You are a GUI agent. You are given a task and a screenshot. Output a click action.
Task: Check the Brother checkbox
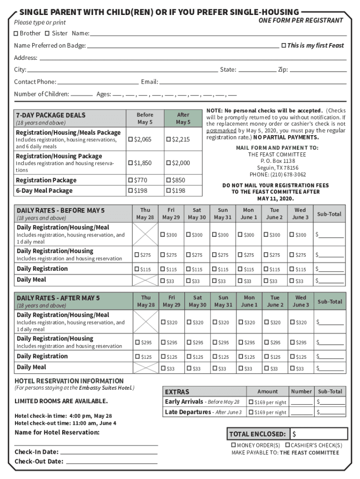[x=16, y=33]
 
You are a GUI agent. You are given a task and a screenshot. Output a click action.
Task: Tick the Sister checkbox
[x=47, y=33]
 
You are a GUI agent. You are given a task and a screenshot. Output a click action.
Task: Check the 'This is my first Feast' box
[x=283, y=45]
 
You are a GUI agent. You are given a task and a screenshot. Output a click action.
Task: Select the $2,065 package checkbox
[x=131, y=139]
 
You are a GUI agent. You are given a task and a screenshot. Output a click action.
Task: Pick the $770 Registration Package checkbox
[x=131, y=180]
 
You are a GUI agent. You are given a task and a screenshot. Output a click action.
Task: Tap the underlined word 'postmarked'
[x=221, y=131]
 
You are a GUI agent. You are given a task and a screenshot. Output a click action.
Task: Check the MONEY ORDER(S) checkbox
[x=234, y=445]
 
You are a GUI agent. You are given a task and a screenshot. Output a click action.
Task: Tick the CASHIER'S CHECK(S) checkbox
[x=288, y=445]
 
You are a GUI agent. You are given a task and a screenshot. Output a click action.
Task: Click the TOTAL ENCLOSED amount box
[x=319, y=434]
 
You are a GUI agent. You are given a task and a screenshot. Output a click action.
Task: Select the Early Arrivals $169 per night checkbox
[x=251, y=402]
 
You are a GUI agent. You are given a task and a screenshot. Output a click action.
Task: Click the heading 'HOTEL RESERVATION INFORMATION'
[x=69, y=381]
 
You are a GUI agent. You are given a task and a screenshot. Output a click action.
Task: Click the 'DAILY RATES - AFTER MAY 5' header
[x=58, y=298]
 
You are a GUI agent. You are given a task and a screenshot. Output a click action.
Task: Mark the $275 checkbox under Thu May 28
[x=137, y=255]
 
